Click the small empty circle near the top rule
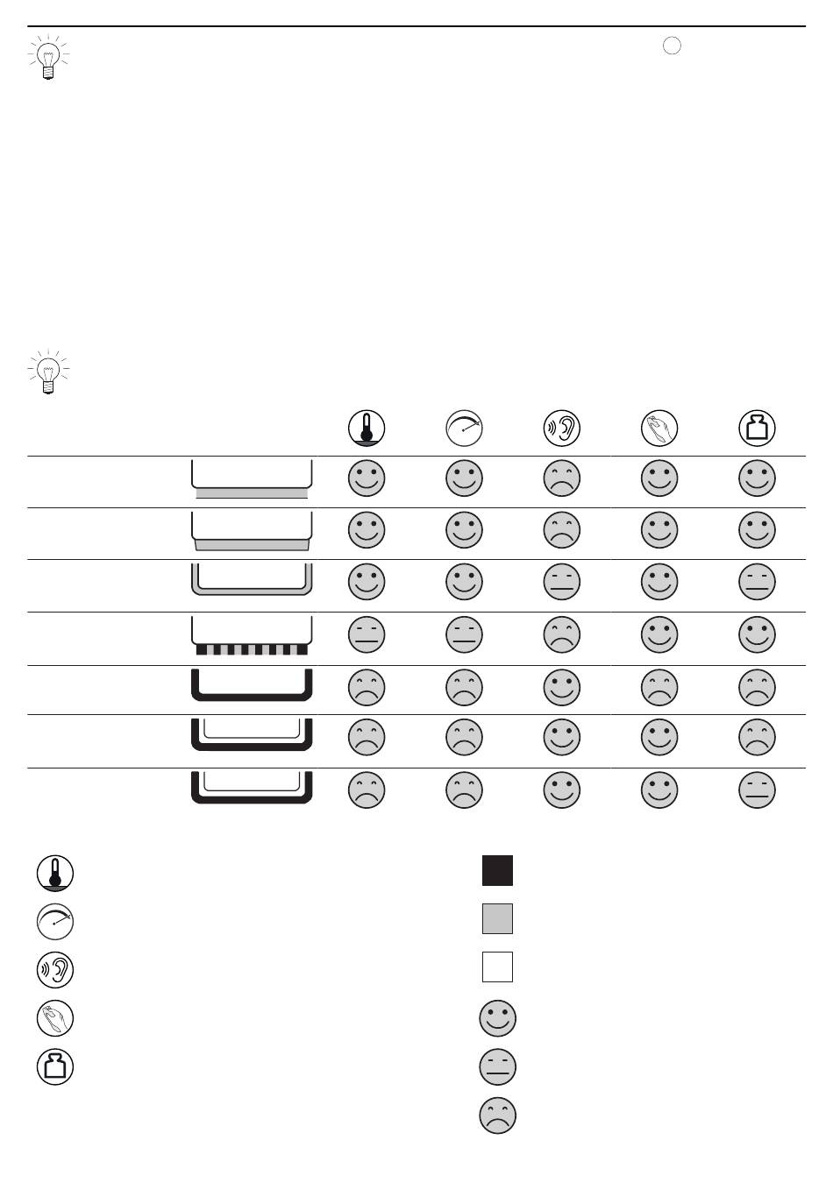tap(672, 46)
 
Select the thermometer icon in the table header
tap(367, 428)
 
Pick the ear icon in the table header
tap(562, 428)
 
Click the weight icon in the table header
tap(757, 428)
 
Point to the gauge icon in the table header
tap(465, 428)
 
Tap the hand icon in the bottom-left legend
tap(55, 1018)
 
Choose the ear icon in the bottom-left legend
tap(55, 970)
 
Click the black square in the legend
tap(497, 871)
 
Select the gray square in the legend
tap(497, 919)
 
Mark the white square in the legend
tap(497, 967)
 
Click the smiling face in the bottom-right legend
tap(497, 1018)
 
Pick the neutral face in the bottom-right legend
tap(497, 1067)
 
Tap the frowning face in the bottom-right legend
tap(497, 1115)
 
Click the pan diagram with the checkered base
tap(252, 636)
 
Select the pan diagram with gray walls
tap(252, 580)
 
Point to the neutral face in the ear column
tap(562, 582)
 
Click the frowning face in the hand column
tap(659, 687)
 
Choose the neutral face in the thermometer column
tap(367, 635)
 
